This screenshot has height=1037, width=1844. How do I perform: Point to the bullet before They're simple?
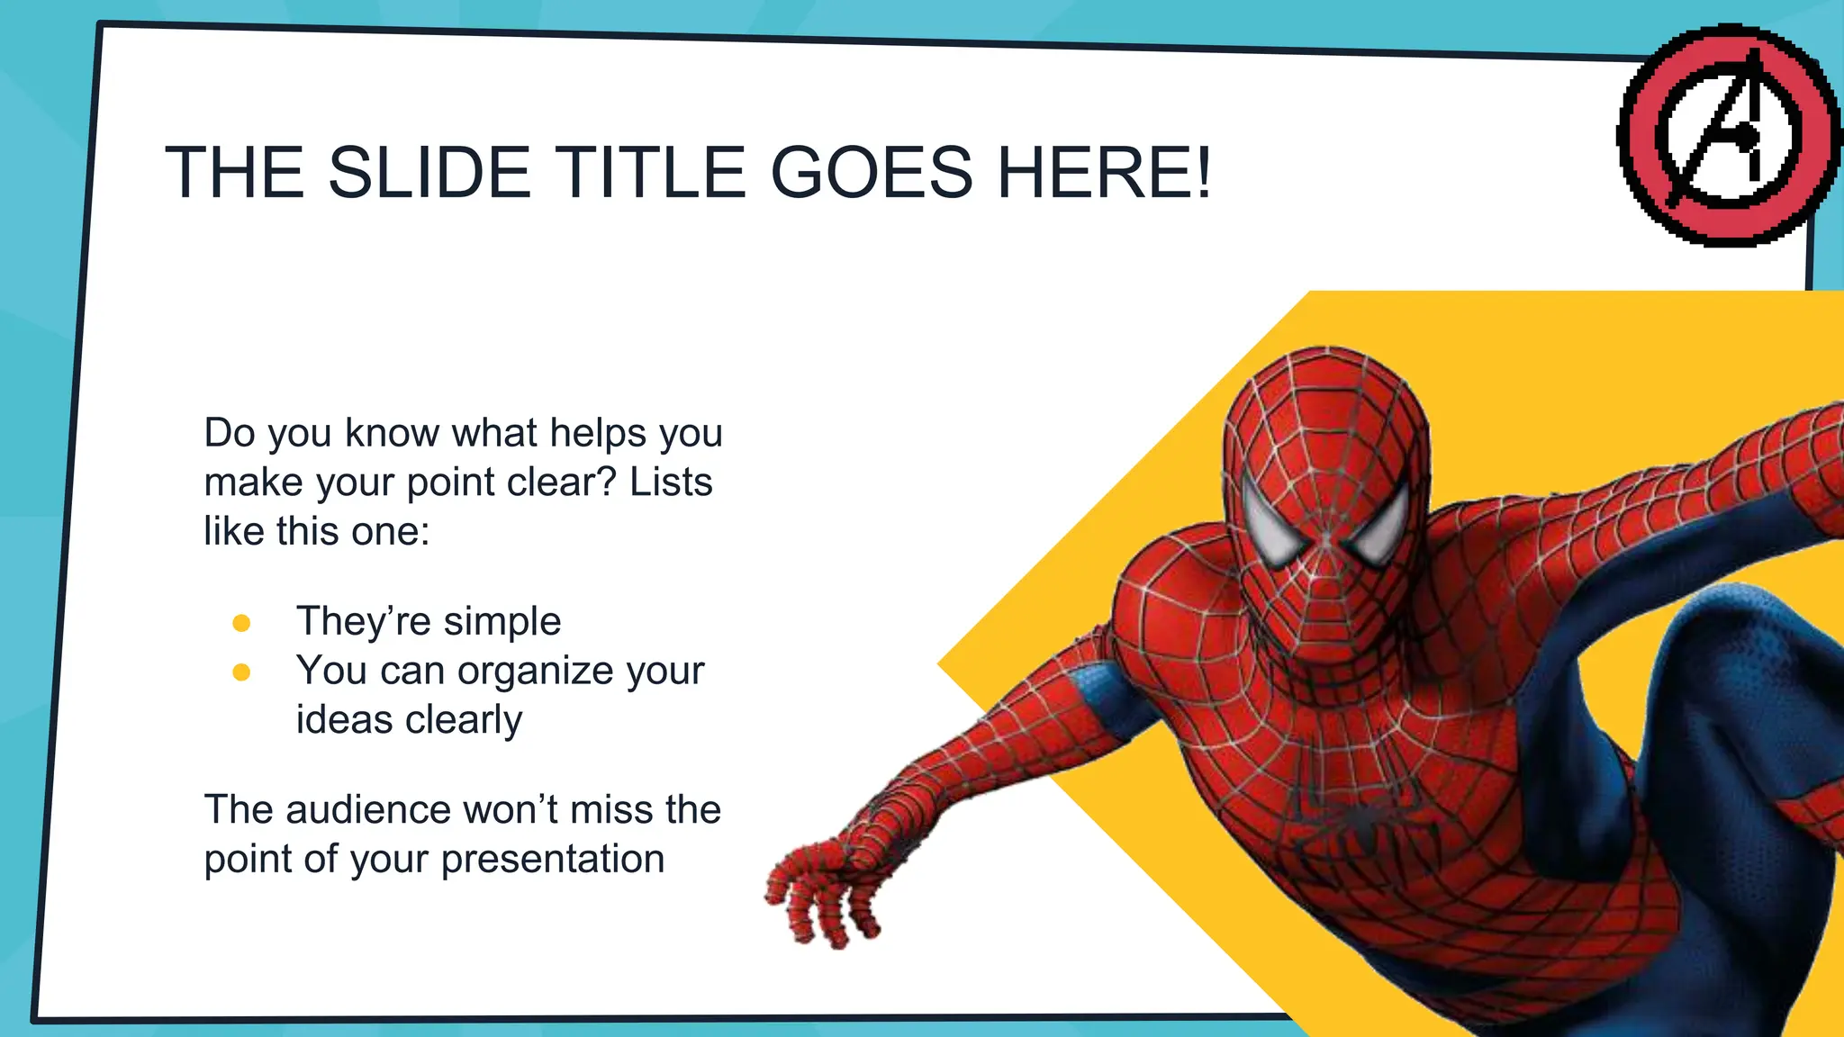pos(241,623)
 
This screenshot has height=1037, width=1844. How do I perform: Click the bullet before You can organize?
pos(241,672)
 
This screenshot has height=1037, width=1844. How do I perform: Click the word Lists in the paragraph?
pos(671,482)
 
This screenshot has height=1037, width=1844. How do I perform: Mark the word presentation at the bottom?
pos(553,859)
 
